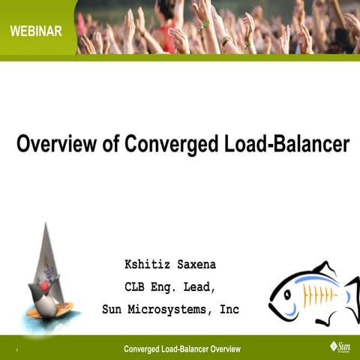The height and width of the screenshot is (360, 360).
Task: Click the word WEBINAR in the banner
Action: pyautogui.click(x=37, y=31)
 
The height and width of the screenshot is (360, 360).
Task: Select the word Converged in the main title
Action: pyautogui.click(x=169, y=144)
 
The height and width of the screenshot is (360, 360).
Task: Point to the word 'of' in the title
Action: pyautogui.click(x=110, y=144)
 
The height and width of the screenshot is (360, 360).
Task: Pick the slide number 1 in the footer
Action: pyautogui.click(x=16, y=350)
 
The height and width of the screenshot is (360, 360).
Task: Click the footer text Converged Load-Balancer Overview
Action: pyautogui.click(x=182, y=349)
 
